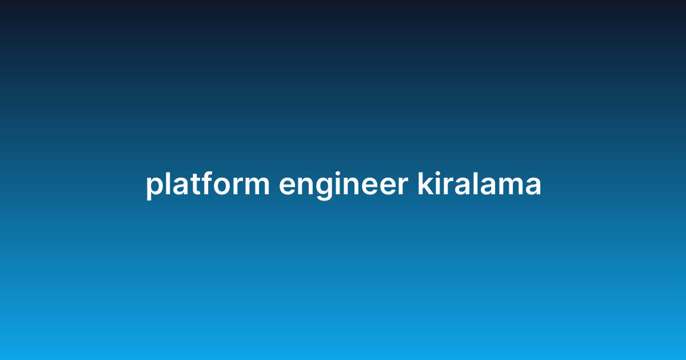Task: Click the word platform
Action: click(x=207, y=185)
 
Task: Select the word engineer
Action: click(x=343, y=185)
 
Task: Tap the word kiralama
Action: click(x=479, y=185)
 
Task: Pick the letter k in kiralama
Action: click(x=425, y=184)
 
